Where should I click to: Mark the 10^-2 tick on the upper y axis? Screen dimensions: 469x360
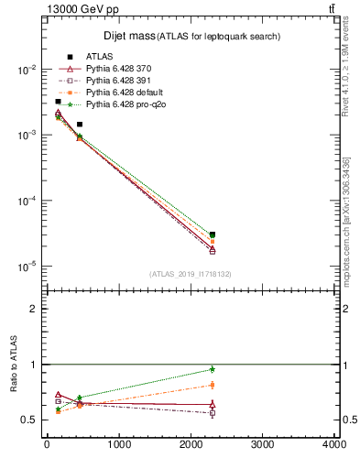[x=27, y=70]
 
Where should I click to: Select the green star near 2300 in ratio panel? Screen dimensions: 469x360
[x=213, y=369]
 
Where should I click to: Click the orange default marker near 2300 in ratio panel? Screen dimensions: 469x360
[x=213, y=385]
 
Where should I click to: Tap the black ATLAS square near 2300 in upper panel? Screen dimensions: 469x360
[x=213, y=235]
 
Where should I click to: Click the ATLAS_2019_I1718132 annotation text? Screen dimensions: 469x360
[x=191, y=273]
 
